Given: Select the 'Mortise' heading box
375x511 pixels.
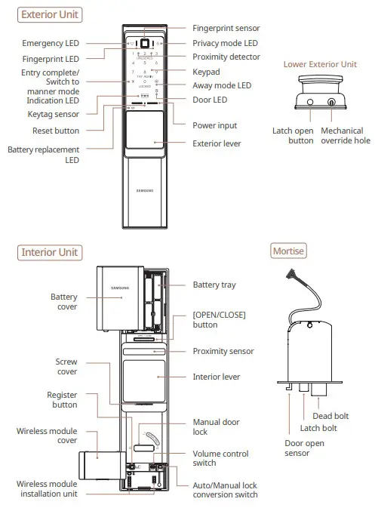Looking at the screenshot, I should pos(288,251).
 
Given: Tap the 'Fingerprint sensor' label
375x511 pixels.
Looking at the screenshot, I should pos(226,27).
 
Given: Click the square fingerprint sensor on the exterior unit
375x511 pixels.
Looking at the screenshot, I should pos(148,42).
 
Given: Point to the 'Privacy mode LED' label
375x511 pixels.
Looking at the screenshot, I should pos(226,43).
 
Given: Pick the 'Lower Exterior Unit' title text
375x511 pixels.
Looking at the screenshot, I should pos(320,64).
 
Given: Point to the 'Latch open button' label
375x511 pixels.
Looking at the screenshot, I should pos(293,135).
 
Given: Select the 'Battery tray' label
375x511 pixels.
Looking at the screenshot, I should pos(217,285).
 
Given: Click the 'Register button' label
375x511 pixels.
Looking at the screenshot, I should pos(63,399).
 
